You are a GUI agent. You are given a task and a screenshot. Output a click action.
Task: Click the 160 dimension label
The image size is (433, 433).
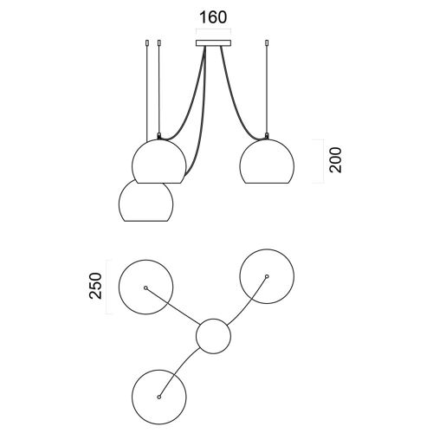[213, 17]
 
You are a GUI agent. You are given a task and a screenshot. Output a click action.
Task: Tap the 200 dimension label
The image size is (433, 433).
[335, 160]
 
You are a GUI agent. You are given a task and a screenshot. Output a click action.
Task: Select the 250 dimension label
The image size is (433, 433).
[96, 286]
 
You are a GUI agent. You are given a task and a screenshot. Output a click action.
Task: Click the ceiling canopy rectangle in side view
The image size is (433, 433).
[213, 43]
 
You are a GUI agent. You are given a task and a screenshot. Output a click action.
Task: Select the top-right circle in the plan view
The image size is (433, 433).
[267, 249]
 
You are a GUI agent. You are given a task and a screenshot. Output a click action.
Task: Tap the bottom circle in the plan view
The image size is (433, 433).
[159, 370]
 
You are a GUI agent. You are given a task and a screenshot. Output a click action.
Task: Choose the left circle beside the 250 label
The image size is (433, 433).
[146, 260]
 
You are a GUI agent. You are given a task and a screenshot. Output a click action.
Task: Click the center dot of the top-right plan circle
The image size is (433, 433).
[267, 276]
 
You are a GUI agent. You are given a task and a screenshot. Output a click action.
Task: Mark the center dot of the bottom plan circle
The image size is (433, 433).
[159, 397]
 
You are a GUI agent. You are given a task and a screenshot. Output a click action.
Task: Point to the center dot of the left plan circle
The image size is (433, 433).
[146, 288]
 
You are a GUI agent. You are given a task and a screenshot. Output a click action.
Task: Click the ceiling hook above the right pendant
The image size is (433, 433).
[267, 43]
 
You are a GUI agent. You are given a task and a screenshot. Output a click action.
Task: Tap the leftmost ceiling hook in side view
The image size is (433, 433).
[147, 43]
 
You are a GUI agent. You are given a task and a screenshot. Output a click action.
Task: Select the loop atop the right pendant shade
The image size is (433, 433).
[267, 135]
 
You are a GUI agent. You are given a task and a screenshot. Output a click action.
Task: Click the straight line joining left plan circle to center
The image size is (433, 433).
[173, 306]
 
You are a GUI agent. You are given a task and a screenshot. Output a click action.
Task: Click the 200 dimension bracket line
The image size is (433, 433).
[323, 161]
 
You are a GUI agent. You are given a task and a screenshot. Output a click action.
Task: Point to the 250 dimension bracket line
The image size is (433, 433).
[107, 288]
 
